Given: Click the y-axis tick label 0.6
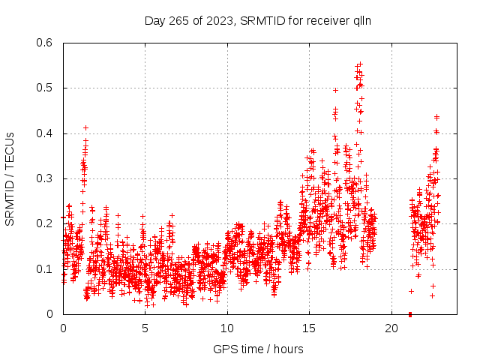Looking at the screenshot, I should (47, 43).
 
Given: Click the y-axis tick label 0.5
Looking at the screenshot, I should (47, 88).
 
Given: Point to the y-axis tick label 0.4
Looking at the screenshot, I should (47, 133).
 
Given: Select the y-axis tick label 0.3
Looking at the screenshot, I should (47, 178).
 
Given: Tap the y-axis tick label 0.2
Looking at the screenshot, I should (47, 223).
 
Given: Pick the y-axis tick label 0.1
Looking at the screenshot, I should (47, 269).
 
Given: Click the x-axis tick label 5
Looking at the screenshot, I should (145, 328).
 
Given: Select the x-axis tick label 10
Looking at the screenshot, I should (227, 328).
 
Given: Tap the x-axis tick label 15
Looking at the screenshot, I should (309, 328).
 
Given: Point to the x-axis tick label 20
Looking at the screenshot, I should (391, 328).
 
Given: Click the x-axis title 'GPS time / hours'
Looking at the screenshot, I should (258, 349).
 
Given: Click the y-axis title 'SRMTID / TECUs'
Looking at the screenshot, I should (10, 178).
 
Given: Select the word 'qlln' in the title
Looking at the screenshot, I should (362, 21).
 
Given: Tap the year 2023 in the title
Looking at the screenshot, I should (217, 21).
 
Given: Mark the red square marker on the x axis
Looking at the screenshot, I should (410, 313).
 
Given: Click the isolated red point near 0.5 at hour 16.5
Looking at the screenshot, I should (335, 90).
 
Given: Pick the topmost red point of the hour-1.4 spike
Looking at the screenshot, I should (85, 127).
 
